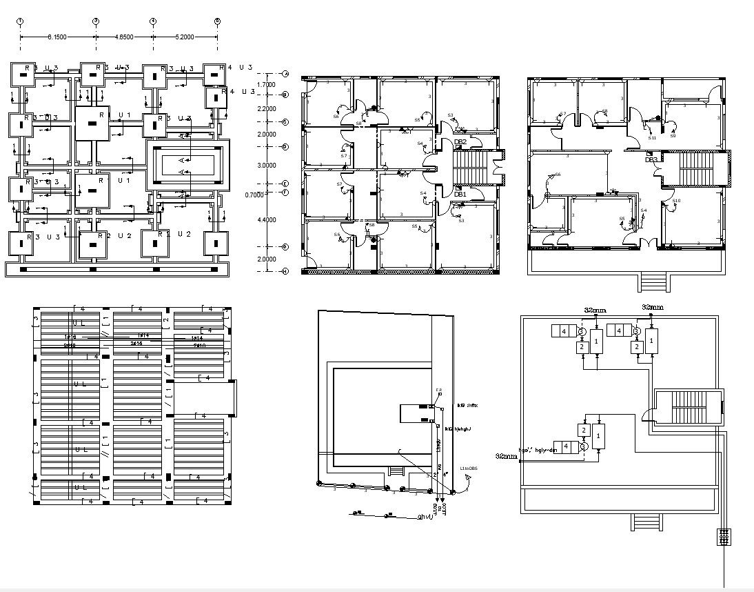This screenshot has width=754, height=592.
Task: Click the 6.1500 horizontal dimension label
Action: coord(57,35)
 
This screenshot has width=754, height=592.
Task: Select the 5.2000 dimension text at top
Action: coord(185,35)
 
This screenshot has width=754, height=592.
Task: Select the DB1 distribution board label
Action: coord(460,195)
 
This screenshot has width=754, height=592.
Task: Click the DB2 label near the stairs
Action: coord(460,142)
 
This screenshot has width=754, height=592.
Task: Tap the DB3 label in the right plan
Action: coord(651,160)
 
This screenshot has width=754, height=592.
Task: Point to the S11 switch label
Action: coord(652,138)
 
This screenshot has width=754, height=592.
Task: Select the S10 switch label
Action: coord(676,201)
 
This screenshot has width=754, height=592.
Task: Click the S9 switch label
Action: coord(673,136)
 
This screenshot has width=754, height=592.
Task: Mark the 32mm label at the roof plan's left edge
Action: coord(506,456)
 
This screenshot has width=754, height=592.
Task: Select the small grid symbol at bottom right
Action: coord(724,537)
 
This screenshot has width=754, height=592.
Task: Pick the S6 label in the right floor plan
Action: coord(558,175)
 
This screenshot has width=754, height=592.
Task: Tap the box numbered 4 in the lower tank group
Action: coord(566,446)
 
